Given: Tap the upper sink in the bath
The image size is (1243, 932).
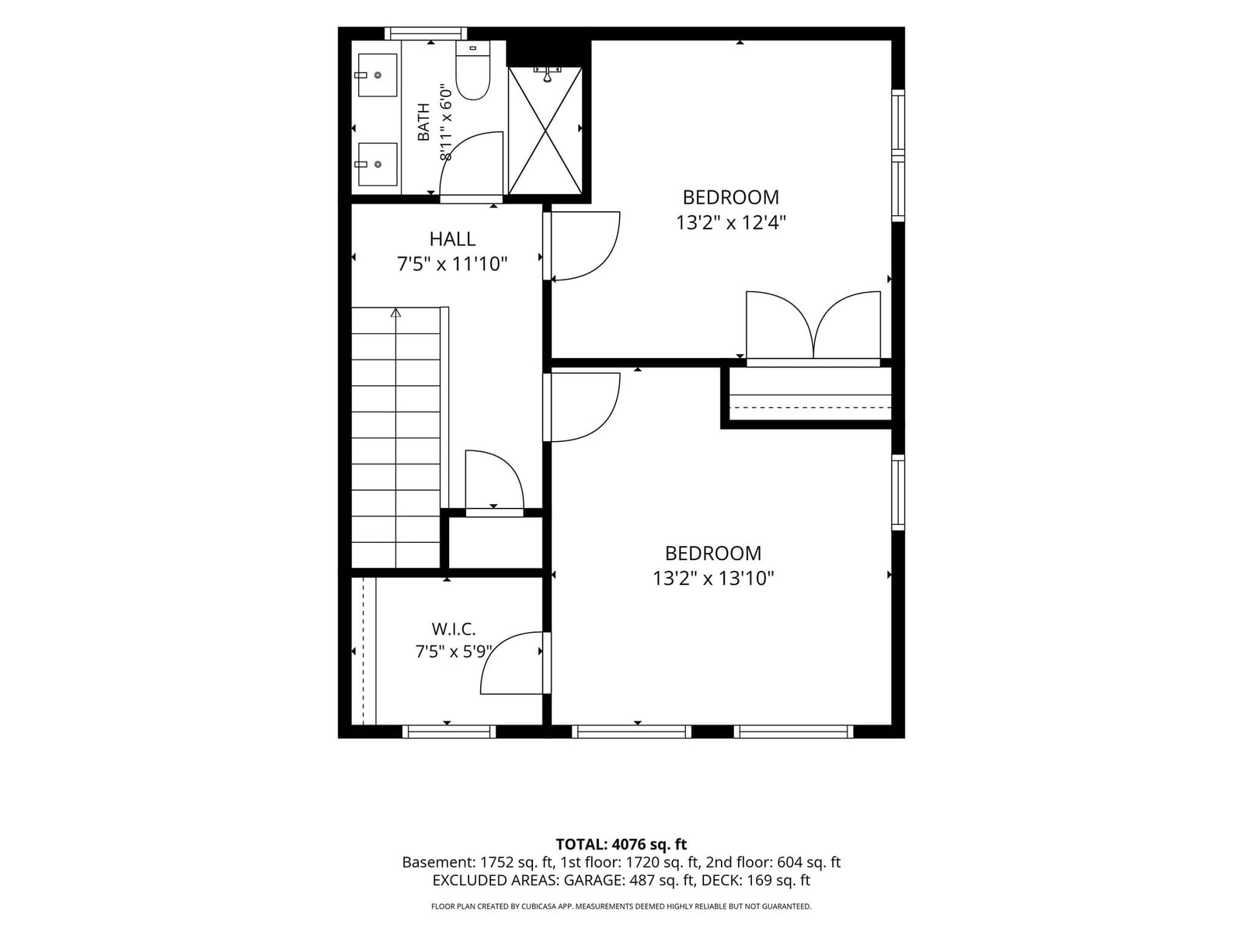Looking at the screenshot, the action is pyautogui.click(x=377, y=75).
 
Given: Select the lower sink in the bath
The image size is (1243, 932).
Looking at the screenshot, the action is pyautogui.click(x=377, y=164).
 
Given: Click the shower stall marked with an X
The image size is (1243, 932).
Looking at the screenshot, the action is pyautogui.click(x=545, y=130).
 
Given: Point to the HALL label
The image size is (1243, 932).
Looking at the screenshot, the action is pyautogui.click(x=452, y=238).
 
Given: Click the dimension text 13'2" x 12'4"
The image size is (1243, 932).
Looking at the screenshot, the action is pyautogui.click(x=730, y=222).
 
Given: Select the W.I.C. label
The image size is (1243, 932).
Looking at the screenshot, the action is pyautogui.click(x=454, y=628).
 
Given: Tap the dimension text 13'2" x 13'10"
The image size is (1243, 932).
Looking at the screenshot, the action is pyautogui.click(x=713, y=579).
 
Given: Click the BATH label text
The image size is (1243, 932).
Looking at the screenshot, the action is pyautogui.click(x=423, y=122).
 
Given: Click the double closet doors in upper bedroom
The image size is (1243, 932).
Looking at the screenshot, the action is pyautogui.click(x=813, y=325).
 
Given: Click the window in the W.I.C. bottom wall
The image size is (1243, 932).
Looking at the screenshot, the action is pyautogui.click(x=449, y=732).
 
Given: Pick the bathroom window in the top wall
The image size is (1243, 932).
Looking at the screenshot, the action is pyautogui.click(x=426, y=33).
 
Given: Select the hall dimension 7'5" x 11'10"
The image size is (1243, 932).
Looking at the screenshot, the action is pyautogui.click(x=452, y=264).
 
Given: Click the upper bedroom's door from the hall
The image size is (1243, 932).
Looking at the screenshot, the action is pyautogui.click(x=582, y=245).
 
